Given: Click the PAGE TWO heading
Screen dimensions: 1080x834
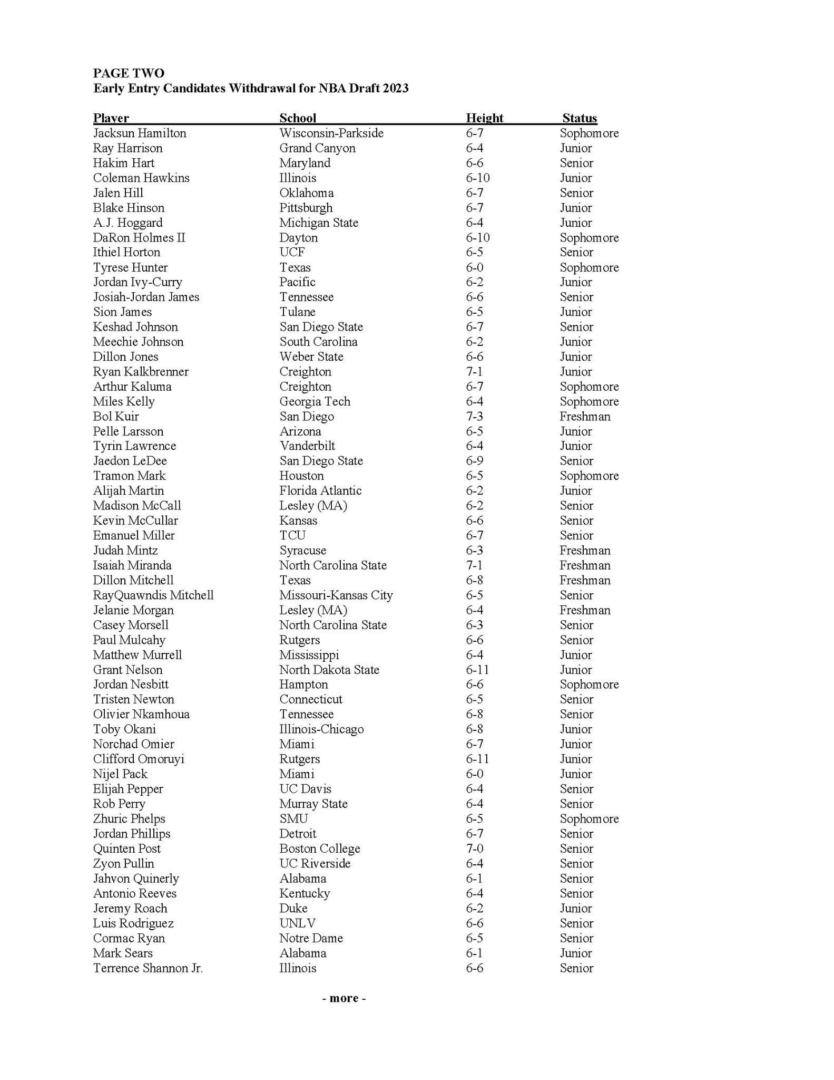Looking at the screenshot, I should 129,73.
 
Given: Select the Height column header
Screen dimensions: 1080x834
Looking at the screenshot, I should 484,118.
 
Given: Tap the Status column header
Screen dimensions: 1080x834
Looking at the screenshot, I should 580,118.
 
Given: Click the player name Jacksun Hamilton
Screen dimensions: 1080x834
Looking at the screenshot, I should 140,133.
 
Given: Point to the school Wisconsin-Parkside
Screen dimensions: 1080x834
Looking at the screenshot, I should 331,133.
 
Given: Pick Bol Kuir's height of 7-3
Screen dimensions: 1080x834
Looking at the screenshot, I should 474,416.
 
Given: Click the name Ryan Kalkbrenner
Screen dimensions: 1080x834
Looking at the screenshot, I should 141,371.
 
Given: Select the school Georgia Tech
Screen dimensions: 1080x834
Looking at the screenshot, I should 315,401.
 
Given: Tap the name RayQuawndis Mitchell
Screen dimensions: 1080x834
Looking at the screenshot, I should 153,595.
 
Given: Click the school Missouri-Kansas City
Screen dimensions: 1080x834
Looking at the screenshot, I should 336,595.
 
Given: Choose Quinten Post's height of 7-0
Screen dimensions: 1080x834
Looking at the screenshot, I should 474,848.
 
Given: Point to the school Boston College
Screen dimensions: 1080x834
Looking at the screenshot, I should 320,848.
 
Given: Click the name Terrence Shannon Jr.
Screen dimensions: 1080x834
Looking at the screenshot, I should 148,968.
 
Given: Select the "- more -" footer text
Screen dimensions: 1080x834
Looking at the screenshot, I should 344,998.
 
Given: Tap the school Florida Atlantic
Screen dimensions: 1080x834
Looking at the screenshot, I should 320,490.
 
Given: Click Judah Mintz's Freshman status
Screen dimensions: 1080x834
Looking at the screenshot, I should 585,550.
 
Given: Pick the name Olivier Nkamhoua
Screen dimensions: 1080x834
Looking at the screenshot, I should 141,714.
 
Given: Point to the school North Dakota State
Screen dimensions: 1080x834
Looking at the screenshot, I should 329,669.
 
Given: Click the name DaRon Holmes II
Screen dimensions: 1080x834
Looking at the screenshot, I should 139,237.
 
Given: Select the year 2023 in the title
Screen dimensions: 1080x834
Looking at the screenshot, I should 396,88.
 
